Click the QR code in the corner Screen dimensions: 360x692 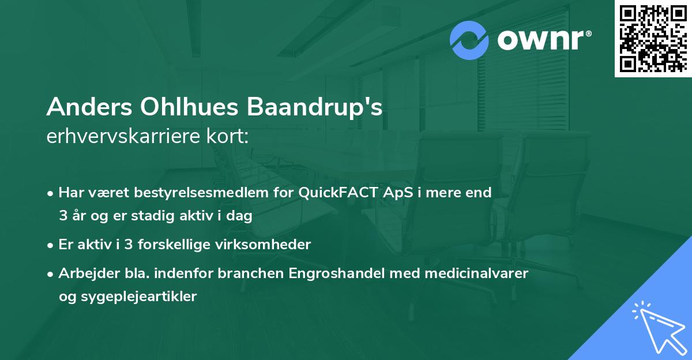653,38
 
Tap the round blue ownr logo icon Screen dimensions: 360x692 469,40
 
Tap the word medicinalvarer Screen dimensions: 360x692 476,273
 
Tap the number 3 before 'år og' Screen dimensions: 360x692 62,216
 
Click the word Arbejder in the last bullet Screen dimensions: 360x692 84,273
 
